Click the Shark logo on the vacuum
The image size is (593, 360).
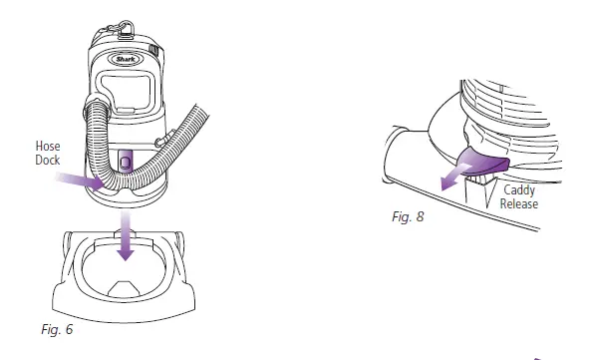[126, 59]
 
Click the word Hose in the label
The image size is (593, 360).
[48, 147]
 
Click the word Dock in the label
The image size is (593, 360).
[48, 161]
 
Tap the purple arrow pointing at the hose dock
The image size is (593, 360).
[80, 180]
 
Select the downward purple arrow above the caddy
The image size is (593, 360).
[126, 235]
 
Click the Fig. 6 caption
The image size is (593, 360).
[57, 329]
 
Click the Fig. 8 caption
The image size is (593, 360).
[408, 216]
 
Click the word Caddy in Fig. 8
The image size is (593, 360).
[519, 190]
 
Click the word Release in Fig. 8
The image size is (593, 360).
[519, 204]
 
